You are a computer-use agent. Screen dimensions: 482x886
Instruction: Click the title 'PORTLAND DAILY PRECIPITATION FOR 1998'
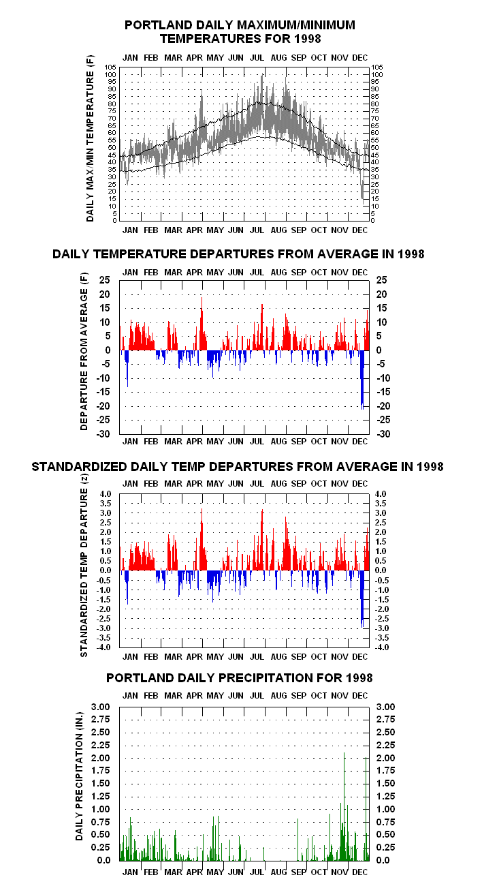click(240, 678)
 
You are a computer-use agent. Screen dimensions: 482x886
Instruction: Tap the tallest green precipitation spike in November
click(344, 806)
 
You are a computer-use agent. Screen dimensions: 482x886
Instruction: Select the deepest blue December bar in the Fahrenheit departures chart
click(362, 380)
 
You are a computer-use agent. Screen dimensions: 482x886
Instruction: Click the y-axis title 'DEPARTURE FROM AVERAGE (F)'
click(84, 351)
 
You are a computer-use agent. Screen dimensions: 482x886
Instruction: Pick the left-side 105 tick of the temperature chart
click(110, 67)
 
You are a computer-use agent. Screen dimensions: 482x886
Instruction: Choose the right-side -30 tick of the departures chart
click(383, 434)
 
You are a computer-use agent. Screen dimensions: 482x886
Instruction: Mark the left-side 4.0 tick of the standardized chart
click(105, 494)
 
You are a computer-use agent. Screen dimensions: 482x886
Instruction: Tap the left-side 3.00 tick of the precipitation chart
click(101, 707)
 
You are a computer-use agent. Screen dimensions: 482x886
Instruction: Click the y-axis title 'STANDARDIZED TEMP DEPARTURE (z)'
click(84, 566)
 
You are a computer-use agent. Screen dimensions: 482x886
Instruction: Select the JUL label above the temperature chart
click(257, 58)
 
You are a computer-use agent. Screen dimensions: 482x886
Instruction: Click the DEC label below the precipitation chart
click(359, 872)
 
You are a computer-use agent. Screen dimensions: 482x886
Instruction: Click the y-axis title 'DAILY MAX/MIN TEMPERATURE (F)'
click(91, 138)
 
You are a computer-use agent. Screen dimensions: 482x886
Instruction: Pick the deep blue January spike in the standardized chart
click(127, 587)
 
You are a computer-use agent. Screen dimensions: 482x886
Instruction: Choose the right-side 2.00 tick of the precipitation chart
click(385, 758)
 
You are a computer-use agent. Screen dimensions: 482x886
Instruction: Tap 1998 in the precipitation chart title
click(359, 678)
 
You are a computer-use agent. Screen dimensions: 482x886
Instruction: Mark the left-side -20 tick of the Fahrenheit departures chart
click(103, 406)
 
